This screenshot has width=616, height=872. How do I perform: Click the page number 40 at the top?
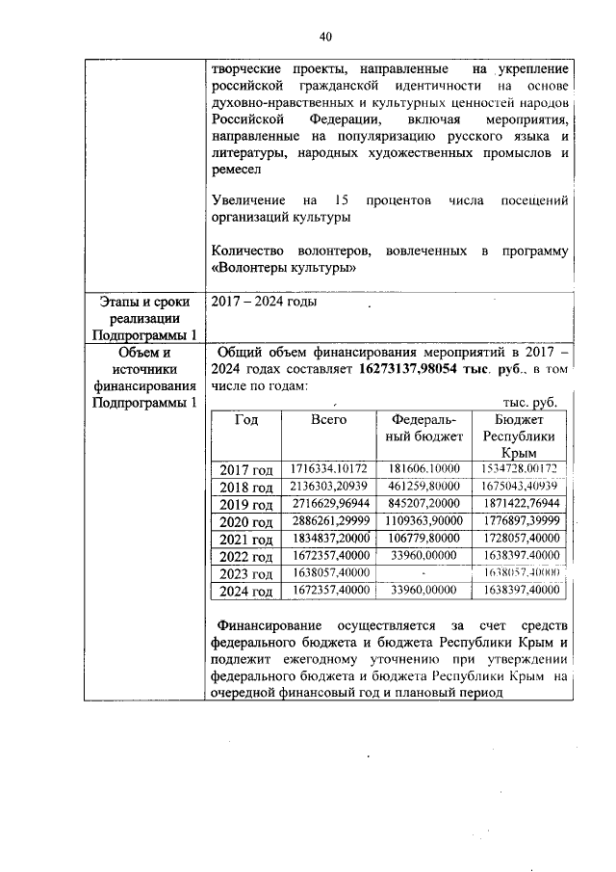pyautogui.click(x=325, y=37)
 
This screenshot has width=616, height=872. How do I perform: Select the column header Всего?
pyautogui.click(x=328, y=419)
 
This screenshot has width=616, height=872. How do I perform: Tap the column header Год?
pyautogui.click(x=245, y=419)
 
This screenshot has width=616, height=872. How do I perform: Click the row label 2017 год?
pyautogui.click(x=245, y=469)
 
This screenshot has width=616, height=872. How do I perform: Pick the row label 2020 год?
pyautogui.click(x=245, y=521)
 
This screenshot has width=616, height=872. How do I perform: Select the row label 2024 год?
pyautogui.click(x=245, y=590)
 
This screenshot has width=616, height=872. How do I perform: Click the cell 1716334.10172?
pyautogui.click(x=328, y=468)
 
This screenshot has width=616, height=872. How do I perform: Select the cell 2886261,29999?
pyautogui.click(x=328, y=521)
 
